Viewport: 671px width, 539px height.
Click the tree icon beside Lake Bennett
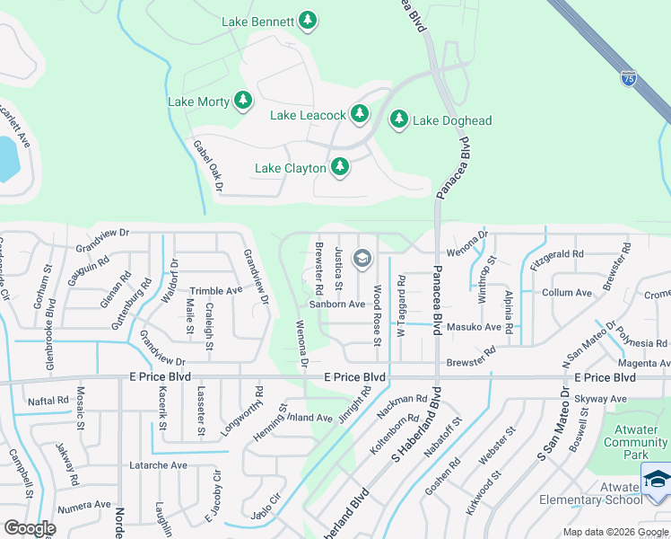coord(308,20)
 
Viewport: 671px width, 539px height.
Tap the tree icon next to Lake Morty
coord(242,101)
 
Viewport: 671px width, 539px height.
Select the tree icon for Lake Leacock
coord(359,113)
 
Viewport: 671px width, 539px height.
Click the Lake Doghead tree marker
coord(398,119)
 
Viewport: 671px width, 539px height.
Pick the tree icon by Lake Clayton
coord(339,166)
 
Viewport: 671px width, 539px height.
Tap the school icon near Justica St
coord(362,260)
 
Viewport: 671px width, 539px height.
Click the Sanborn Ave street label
coord(337,304)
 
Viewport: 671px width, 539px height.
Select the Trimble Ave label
coord(215,291)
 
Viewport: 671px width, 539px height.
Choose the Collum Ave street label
coord(567,293)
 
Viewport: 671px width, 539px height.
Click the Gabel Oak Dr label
coord(206,165)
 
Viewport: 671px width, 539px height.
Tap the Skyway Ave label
coord(602,398)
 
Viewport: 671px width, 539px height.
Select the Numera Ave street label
coord(83,508)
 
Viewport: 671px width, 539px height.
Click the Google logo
coord(30,528)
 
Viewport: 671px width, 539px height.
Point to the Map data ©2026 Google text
coord(615,532)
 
